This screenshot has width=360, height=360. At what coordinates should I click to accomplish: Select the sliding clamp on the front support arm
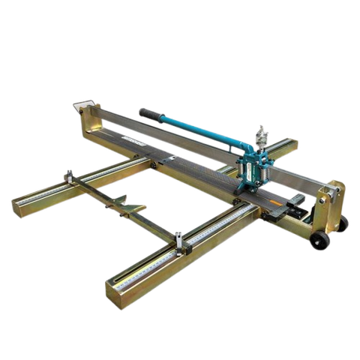[181, 241]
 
